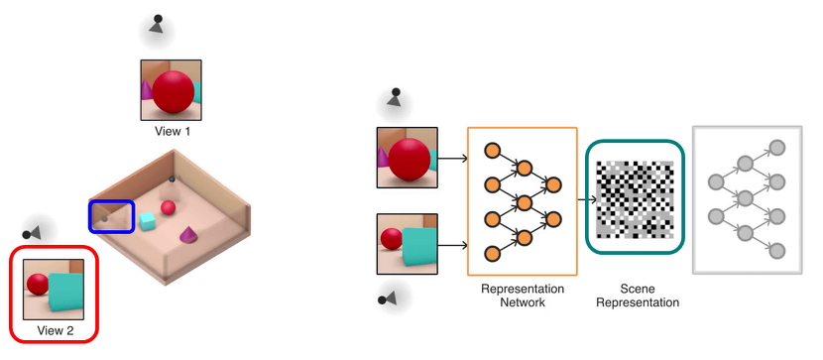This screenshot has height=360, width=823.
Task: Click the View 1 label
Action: [x=174, y=130]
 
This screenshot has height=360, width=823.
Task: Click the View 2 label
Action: [x=57, y=328]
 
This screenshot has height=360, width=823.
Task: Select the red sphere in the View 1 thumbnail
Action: [x=174, y=90]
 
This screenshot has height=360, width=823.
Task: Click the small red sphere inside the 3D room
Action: [x=169, y=207]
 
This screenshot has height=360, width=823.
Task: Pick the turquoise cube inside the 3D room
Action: [x=147, y=220]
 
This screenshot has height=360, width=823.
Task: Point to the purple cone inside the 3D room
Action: [x=187, y=235]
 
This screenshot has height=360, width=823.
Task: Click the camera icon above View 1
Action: [x=156, y=25]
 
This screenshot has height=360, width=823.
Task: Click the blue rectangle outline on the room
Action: [x=111, y=216]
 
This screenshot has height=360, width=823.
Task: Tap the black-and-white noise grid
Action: [x=635, y=200]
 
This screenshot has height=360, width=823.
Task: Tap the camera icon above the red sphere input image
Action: [x=395, y=97]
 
